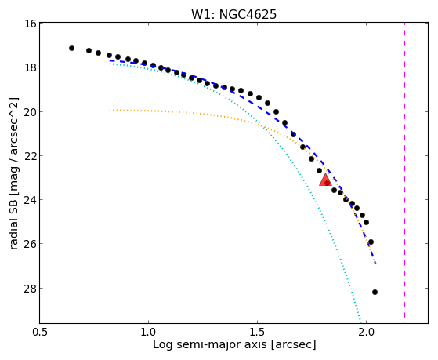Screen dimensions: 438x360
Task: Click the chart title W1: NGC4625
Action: tap(233, 14)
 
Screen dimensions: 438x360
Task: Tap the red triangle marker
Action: tap(325, 180)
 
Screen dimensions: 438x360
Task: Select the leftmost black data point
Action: tap(71, 48)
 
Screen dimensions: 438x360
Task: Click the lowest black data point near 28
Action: tap(375, 292)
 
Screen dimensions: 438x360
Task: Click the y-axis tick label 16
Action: tap(31, 24)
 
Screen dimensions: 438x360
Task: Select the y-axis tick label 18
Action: tap(31, 67)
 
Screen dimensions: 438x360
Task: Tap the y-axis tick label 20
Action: tap(31, 112)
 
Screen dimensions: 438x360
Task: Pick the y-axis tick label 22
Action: tap(31, 156)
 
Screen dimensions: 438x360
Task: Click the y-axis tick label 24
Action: tap(31, 200)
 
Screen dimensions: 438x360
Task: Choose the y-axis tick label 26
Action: tap(31, 244)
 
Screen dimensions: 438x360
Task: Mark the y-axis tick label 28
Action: tap(31, 288)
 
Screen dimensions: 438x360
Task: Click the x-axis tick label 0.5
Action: tap(41, 332)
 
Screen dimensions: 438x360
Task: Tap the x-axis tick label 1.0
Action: tap(148, 332)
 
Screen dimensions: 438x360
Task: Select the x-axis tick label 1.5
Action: tap(257, 332)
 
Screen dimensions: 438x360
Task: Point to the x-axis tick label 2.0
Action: tap(366, 332)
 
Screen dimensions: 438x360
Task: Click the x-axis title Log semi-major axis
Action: tap(210, 345)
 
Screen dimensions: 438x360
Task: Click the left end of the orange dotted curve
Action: tap(110, 111)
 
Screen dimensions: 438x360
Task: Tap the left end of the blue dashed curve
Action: tap(110, 60)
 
